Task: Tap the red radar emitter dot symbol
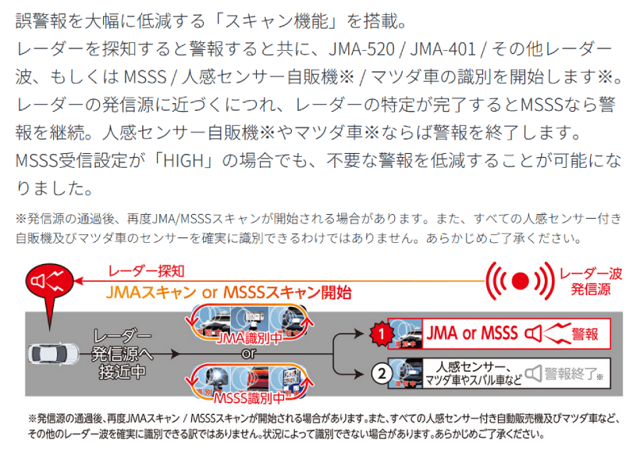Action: [521, 279]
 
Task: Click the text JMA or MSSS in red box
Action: [472, 333]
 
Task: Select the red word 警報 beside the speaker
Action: [585, 334]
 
